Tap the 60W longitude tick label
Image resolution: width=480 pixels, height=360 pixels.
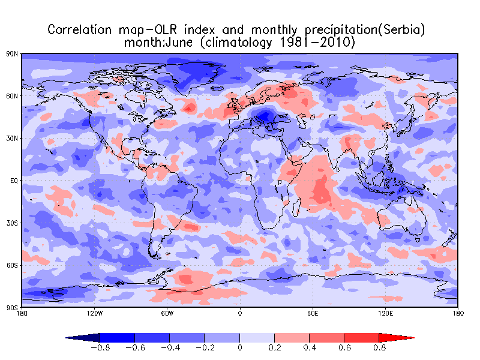pyautogui.click(x=167, y=313)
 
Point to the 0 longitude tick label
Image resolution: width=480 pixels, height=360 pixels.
pyautogui.click(x=240, y=313)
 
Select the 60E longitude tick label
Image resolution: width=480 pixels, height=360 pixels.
pyautogui.click(x=312, y=313)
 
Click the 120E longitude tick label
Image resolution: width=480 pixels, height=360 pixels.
pyautogui.click(x=385, y=313)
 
